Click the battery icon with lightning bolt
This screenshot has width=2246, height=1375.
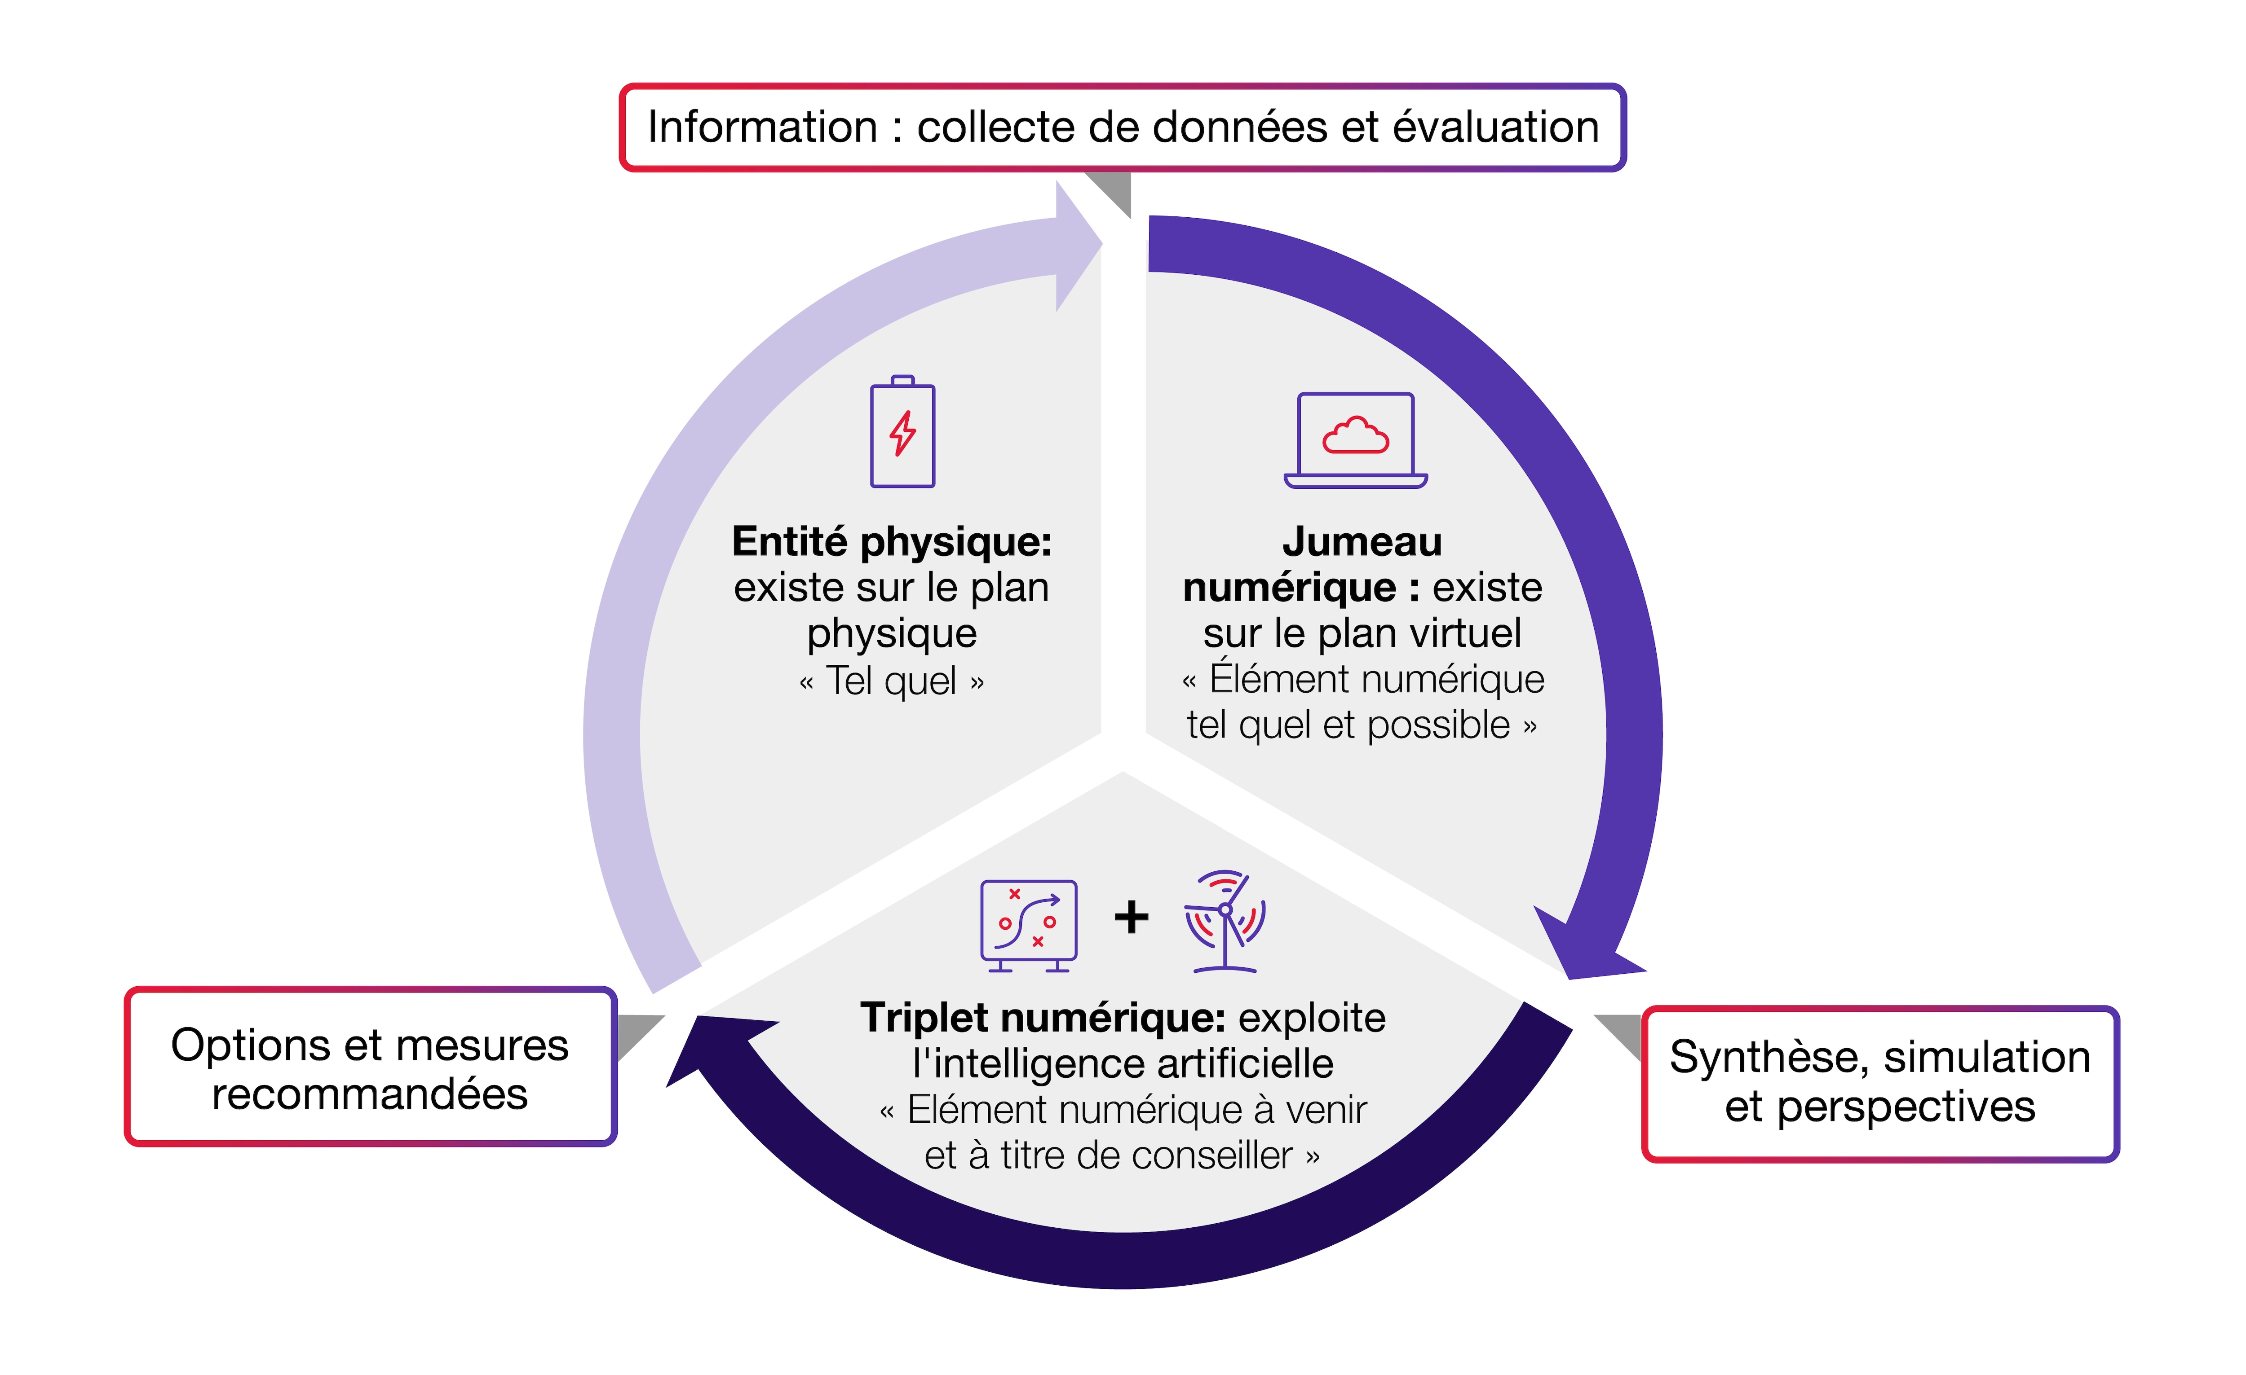pyautogui.click(x=902, y=432)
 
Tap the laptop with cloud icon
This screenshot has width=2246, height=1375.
pyautogui.click(x=1355, y=440)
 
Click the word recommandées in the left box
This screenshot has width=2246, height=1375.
pyautogui.click(x=370, y=1094)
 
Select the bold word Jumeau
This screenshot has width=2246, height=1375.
pyautogui.click(x=1362, y=542)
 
